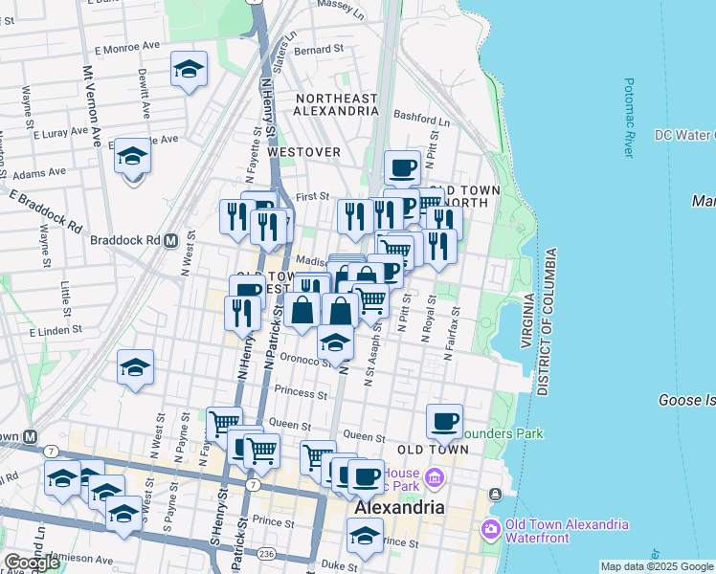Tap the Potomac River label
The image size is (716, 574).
629,118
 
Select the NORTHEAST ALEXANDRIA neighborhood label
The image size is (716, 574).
337,104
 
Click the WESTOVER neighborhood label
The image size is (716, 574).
303,152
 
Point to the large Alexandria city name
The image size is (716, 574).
399,507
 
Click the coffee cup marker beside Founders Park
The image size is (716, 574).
445,421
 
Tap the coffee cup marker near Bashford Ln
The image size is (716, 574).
402,167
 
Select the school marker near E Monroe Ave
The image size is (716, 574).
190,69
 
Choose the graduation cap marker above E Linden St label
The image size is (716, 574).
135,366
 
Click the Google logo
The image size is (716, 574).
32,563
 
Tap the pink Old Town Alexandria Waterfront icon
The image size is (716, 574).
491,528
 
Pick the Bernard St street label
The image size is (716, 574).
319,49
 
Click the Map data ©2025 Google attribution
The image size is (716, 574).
657,566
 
